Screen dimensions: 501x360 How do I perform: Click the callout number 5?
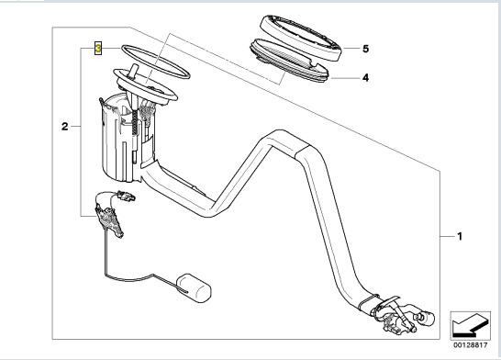366,49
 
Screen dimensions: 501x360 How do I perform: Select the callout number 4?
366,78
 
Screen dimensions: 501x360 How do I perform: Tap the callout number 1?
460,237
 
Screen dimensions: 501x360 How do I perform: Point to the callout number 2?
65,127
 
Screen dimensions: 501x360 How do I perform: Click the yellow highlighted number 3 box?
98,49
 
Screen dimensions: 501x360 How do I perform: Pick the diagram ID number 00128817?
471,345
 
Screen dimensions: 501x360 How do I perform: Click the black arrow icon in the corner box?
470,325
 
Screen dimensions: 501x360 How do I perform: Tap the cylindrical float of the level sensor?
194,287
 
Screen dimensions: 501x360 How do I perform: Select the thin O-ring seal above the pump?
155,62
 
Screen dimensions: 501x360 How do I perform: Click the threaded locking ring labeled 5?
300,38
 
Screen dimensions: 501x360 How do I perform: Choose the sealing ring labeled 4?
289,61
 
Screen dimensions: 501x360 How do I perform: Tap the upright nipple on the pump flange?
133,71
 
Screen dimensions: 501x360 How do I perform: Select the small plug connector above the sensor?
126,196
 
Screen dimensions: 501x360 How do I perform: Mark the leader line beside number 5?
351,49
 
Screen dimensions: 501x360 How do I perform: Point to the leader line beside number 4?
345,78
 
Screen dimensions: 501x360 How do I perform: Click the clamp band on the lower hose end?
368,303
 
